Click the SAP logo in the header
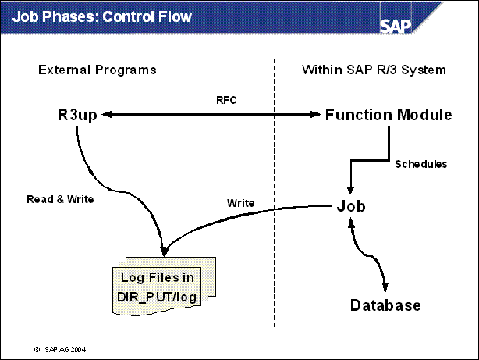[399, 23]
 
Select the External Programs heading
[97, 70]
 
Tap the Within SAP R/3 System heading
[374, 70]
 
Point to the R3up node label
[70, 116]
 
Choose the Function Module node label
[389, 116]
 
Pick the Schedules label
[421, 164]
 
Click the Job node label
[352, 206]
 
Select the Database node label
[385, 305]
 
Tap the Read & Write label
[59, 199]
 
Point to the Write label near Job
[239, 202]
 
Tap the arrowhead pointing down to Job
[351, 188]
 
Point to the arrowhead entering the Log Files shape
[165, 251]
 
